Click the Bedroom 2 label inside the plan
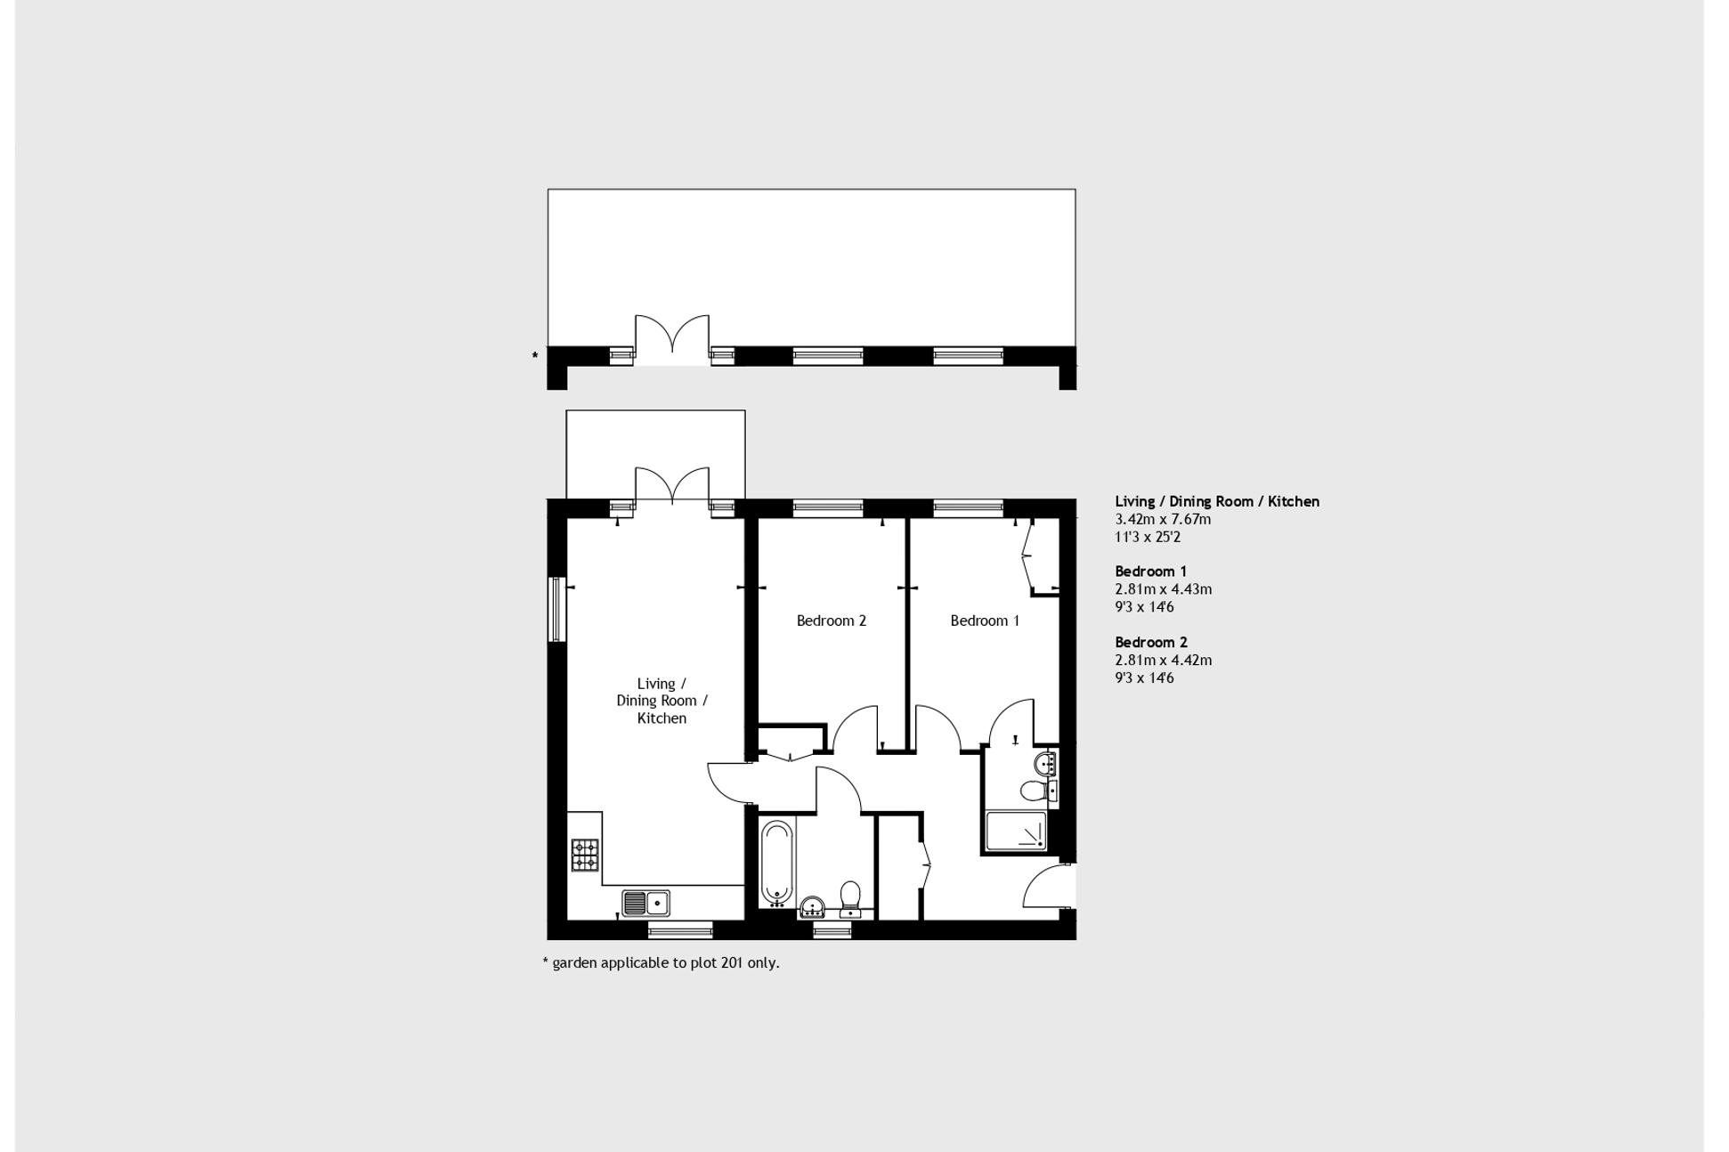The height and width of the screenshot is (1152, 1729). click(x=831, y=621)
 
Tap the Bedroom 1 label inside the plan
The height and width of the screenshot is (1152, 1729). click(x=984, y=621)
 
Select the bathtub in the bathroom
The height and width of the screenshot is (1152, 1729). click(x=776, y=862)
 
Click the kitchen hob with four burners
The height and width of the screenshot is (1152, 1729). click(x=585, y=855)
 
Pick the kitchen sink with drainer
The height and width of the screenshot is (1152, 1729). click(x=645, y=903)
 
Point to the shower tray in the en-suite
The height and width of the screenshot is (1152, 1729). click(x=1016, y=832)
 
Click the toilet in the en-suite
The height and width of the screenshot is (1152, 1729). click(x=1035, y=791)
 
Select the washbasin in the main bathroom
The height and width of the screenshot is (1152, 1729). click(x=811, y=907)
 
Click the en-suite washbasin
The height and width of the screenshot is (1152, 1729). click(x=1046, y=763)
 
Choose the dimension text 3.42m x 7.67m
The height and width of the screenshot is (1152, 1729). click(x=1163, y=519)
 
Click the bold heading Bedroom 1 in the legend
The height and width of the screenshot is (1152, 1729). click(x=1150, y=572)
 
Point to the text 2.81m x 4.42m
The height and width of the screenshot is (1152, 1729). click(x=1163, y=660)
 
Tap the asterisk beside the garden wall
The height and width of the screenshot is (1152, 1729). click(x=535, y=356)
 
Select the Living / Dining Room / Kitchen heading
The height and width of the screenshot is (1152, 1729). click(x=1216, y=501)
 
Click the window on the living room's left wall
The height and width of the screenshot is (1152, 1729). click(x=556, y=609)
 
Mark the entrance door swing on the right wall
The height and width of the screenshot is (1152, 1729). click(x=1049, y=885)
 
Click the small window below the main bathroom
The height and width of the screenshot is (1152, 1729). click(x=832, y=930)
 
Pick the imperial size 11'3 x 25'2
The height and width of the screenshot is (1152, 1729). click(x=1148, y=537)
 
